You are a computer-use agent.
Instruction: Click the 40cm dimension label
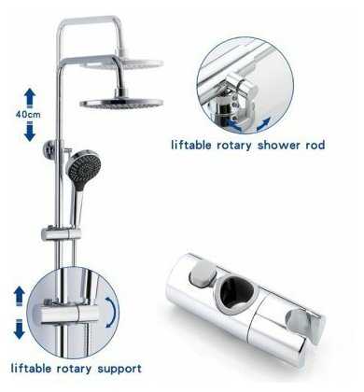[28, 115]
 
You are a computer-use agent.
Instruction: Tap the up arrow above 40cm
[30, 98]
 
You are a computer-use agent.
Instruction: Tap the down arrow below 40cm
[30, 132]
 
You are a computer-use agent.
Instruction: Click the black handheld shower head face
[83, 166]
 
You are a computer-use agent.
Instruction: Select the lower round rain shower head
[121, 102]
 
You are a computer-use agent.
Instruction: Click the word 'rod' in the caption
[315, 145]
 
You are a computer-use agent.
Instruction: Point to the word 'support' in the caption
[119, 370]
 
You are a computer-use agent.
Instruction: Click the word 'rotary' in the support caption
[74, 369]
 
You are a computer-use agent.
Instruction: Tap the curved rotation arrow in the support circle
[113, 312]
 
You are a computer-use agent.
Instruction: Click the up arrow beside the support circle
[20, 296]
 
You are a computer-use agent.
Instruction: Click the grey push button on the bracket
[203, 273]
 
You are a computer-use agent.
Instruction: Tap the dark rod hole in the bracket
[235, 291]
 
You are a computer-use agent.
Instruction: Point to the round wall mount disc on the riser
[50, 149]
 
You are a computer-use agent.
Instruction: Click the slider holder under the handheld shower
[62, 234]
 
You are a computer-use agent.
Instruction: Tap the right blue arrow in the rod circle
[262, 124]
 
